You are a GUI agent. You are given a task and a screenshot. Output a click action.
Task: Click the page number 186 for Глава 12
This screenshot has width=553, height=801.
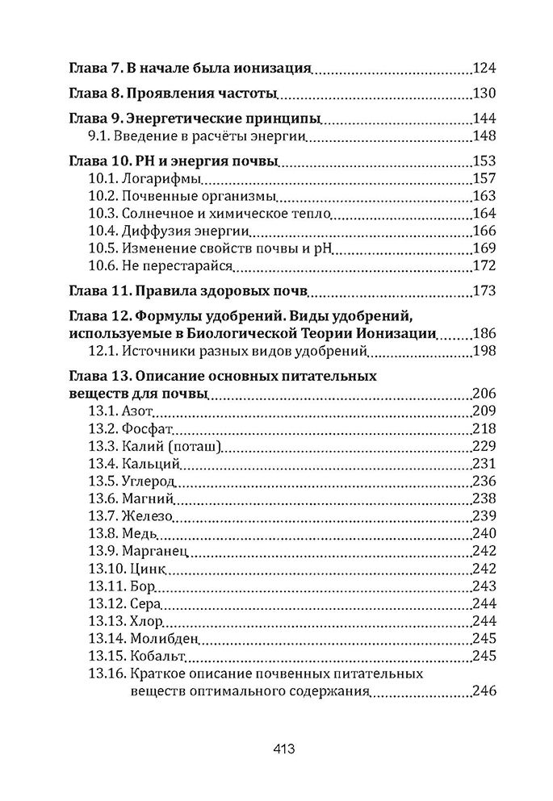coord(484,333)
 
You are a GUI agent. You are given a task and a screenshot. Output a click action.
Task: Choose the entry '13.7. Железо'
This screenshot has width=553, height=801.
coord(130,516)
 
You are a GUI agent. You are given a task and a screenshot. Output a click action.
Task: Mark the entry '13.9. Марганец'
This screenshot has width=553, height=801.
coord(137,552)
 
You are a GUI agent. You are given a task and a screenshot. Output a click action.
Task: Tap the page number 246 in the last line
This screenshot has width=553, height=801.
coord(484,691)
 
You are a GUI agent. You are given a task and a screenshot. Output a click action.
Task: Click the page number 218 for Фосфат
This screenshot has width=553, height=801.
coord(484,429)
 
